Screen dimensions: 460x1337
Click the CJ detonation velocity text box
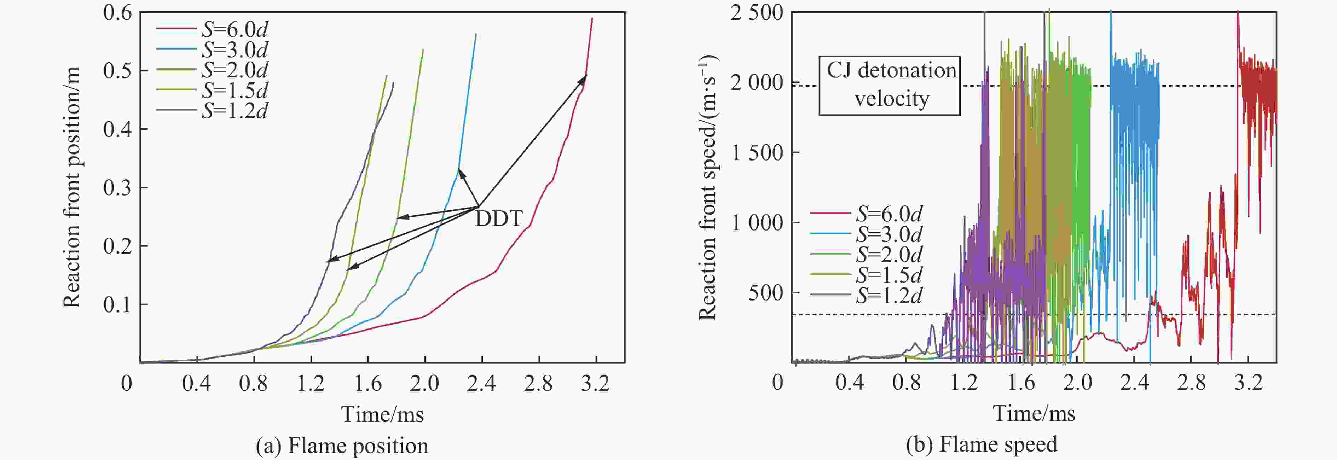[x=890, y=85]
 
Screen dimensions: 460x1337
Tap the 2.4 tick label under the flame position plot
[x=481, y=383]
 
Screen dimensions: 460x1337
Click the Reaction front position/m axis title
[x=73, y=187]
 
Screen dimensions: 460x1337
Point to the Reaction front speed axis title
[x=707, y=187]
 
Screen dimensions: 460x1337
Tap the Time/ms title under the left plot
[x=382, y=414]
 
